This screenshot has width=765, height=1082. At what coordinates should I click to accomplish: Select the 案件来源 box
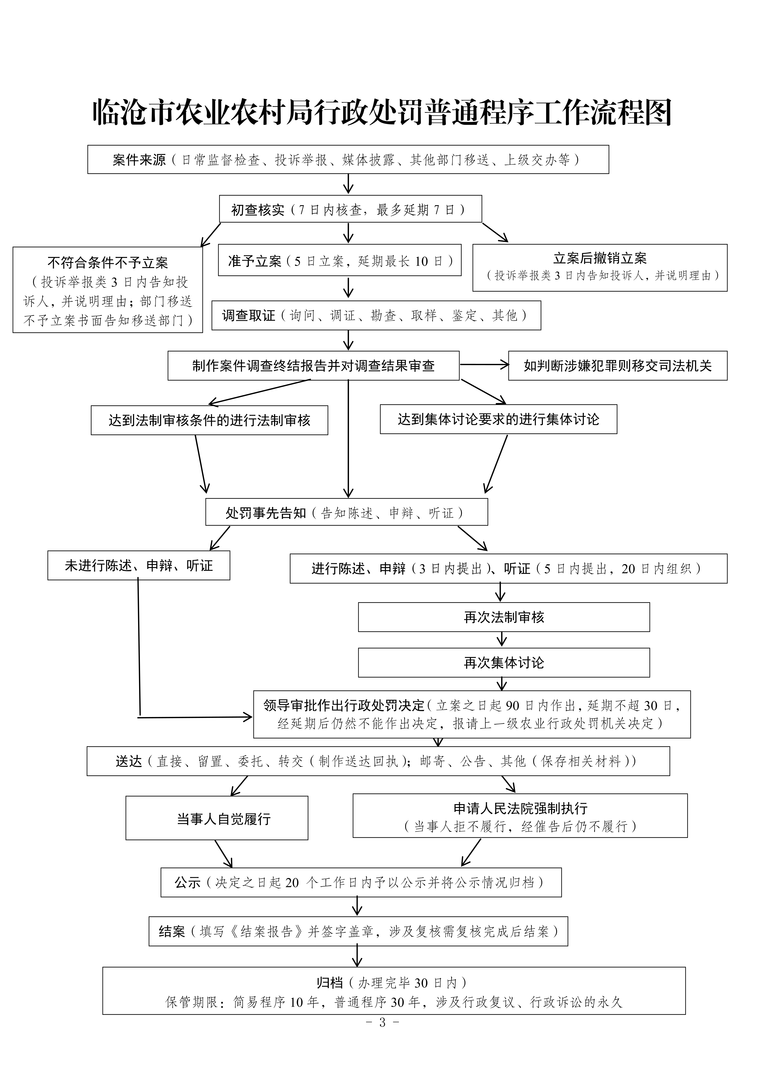348,160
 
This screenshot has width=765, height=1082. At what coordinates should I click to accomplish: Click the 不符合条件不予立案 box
108,290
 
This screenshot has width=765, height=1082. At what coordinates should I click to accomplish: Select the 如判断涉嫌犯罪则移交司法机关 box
618,366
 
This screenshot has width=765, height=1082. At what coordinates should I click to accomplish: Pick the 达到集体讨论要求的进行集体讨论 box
498,419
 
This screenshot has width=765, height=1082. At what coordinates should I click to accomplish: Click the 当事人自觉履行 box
217,819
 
